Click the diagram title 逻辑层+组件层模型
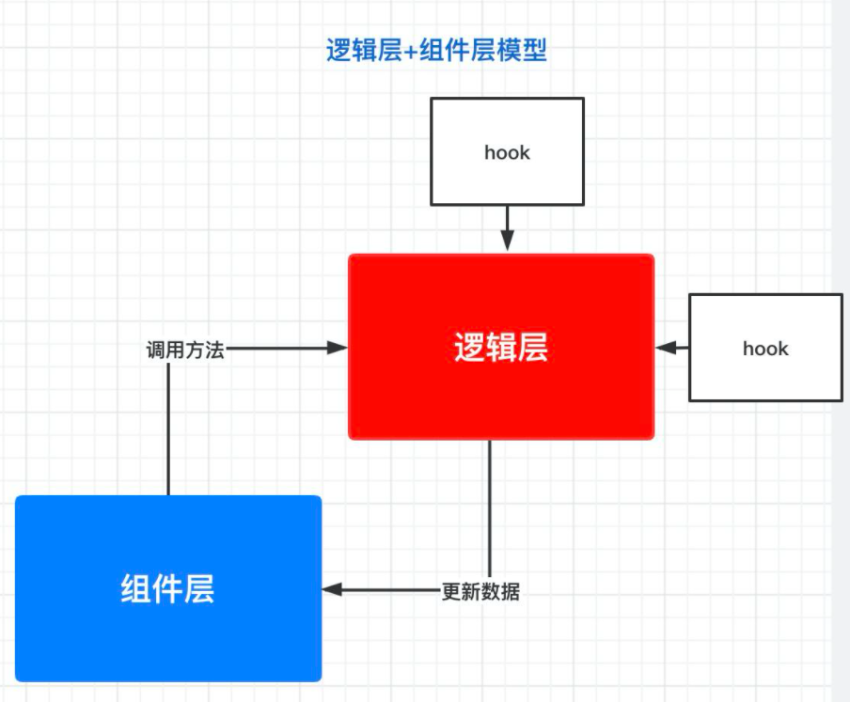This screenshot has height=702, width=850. tap(436, 51)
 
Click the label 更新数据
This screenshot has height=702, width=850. tap(480, 592)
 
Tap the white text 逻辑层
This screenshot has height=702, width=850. tap(501, 349)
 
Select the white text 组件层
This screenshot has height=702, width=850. tap(168, 589)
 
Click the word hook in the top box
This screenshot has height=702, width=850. tap(507, 152)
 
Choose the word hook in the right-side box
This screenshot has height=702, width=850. tap(765, 349)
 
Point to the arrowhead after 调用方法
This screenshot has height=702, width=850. tap(338, 348)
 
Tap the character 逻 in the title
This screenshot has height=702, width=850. tap(338, 51)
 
